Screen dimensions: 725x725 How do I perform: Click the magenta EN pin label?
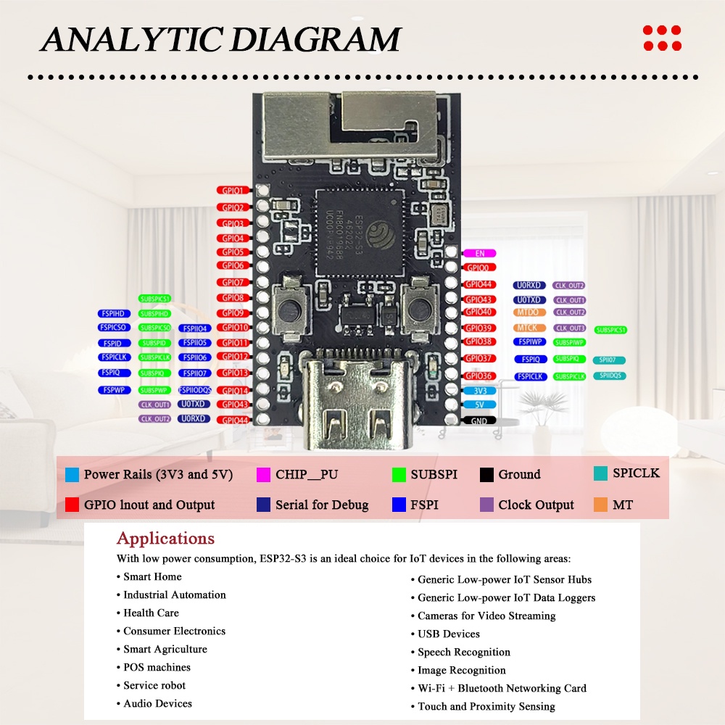coord(479,253)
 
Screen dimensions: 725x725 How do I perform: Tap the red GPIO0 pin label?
coord(479,268)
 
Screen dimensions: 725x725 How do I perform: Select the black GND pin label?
coord(479,420)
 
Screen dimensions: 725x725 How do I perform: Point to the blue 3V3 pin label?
coord(479,390)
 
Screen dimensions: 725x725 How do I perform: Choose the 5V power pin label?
coord(479,405)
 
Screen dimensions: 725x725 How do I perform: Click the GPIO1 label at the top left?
coord(233,190)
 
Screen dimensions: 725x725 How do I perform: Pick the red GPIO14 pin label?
coord(233,390)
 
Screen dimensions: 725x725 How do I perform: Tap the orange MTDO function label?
coord(528,312)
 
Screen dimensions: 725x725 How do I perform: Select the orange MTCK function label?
coord(528,328)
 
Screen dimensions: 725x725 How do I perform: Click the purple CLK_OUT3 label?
coord(570,328)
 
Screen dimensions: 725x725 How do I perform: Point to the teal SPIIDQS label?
coord(609,376)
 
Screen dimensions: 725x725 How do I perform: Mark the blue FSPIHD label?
coord(113,313)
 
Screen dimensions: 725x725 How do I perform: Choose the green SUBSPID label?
coord(154,343)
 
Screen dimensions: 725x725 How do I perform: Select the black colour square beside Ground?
coord(487,475)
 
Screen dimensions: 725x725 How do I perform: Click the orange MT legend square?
coord(600,505)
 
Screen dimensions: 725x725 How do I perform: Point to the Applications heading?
coord(165,539)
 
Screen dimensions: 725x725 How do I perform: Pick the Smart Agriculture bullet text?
coord(165,649)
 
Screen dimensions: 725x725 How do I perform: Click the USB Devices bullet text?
coord(449,634)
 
